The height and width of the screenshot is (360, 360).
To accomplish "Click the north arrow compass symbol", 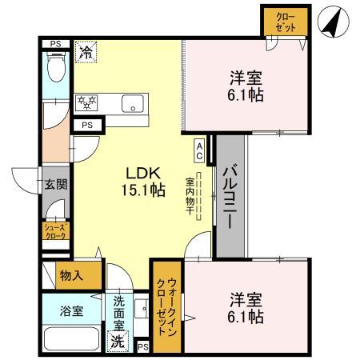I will [x=335, y=22].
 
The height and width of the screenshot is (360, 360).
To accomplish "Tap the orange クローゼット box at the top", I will [x=284, y=22].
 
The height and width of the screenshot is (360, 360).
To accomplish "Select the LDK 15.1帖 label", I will [x=143, y=182].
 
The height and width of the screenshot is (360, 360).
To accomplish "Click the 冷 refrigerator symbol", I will [x=85, y=54].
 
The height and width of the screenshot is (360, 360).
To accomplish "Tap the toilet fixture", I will [x=56, y=67].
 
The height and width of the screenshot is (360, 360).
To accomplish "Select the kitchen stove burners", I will [x=86, y=102].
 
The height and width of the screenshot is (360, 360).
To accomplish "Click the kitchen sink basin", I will [x=132, y=102].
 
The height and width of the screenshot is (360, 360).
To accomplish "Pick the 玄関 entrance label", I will [x=55, y=184].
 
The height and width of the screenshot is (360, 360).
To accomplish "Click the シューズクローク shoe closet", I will [x=55, y=232].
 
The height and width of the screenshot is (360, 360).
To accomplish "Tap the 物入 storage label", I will [x=72, y=275].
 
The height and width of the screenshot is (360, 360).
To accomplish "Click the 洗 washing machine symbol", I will [x=117, y=338].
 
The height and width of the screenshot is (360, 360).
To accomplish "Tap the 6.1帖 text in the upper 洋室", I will [x=246, y=95].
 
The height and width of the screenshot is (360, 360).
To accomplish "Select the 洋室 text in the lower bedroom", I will [x=246, y=300].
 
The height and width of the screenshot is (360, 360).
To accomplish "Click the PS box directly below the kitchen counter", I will [x=86, y=126].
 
